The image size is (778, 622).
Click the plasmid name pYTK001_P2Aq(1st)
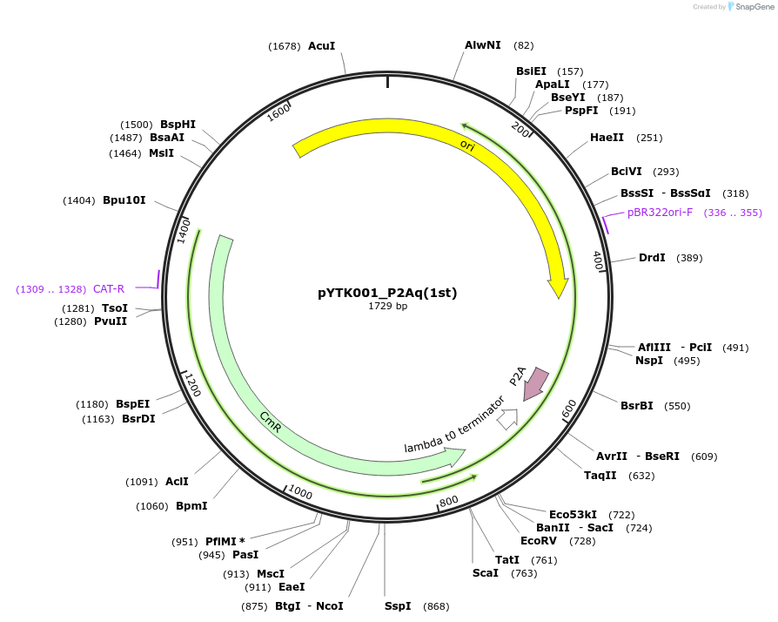[x=387, y=293]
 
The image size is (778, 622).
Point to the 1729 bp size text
[x=387, y=307]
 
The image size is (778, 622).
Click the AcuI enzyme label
[x=321, y=46]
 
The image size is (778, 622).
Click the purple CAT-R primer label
[x=109, y=288]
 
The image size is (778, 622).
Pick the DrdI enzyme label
[x=652, y=258]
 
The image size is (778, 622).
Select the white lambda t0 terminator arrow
[x=507, y=419]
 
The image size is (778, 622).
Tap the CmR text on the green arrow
[x=271, y=419]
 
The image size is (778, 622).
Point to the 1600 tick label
[x=278, y=113]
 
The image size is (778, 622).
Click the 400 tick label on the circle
[x=598, y=260]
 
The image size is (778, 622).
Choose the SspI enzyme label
[x=398, y=606]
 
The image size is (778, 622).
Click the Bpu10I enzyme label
[x=124, y=200]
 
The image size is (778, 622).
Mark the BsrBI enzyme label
[x=637, y=406]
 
